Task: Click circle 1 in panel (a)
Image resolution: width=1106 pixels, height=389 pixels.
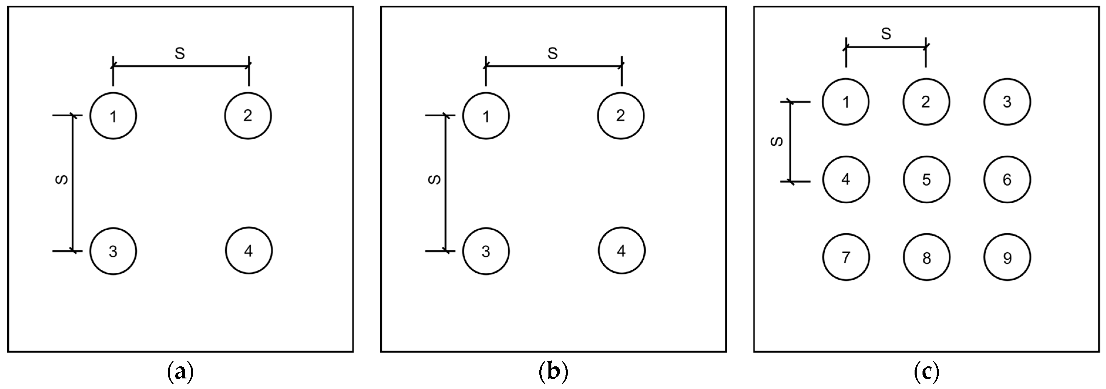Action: coord(113,116)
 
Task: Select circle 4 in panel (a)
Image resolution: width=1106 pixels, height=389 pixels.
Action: coord(249,251)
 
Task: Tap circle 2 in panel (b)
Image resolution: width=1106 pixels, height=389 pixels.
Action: coord(620,116)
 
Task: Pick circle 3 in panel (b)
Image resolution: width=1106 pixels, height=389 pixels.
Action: coord(486,251)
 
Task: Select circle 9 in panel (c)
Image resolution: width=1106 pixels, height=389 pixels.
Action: coord(1007,257)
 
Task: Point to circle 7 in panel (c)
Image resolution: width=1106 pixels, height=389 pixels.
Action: coord(846,257)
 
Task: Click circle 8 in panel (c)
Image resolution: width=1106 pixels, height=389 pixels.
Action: coord(927,257)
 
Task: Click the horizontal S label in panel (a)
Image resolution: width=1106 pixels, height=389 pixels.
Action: coord(180,54)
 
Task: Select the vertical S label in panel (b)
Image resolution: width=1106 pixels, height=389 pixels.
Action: coord(435,180)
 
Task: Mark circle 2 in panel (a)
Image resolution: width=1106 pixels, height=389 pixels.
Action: coord(248,116)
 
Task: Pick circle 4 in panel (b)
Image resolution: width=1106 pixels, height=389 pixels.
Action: coord(622,251)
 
